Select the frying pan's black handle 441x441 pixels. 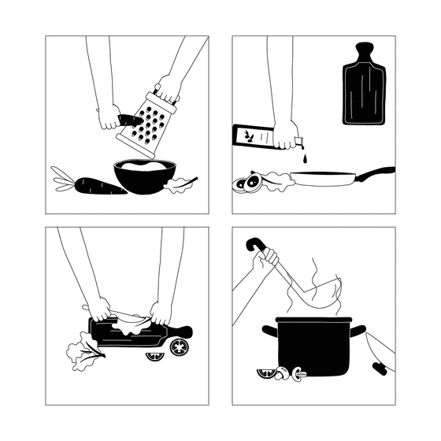pyautogui.click(x=376, y=172)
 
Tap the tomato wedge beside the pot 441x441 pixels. pyautogui.click(x=265, y=372)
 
